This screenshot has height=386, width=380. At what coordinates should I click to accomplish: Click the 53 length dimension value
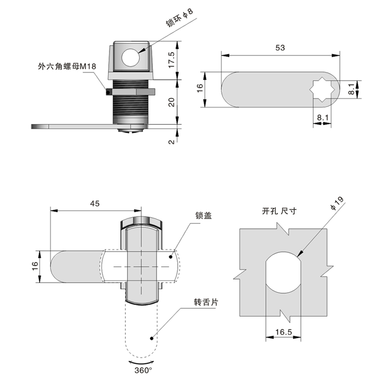pyautogui.click(x=280, y=47)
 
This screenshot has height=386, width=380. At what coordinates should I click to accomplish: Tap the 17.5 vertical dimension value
pyautogui.click(x=172, y=60)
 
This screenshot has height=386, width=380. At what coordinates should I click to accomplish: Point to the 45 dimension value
pyautogui.click(x=95, y=204)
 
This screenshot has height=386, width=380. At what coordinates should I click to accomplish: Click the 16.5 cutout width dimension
pyautogui.click(x=284, y=332)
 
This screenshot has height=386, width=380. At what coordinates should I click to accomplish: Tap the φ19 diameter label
pyautogui.click(x=337, y=203)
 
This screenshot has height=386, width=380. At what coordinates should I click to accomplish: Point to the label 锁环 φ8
pyautogui.click(x=179, y=17)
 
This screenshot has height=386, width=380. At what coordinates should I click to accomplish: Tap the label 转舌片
pyautogui.click(x=206, y=303)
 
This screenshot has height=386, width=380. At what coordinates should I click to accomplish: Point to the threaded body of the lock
pyautogui.click(x=130, y=103)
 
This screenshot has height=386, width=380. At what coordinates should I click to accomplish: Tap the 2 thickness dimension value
pyautogui.click(x=172, y=140)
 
